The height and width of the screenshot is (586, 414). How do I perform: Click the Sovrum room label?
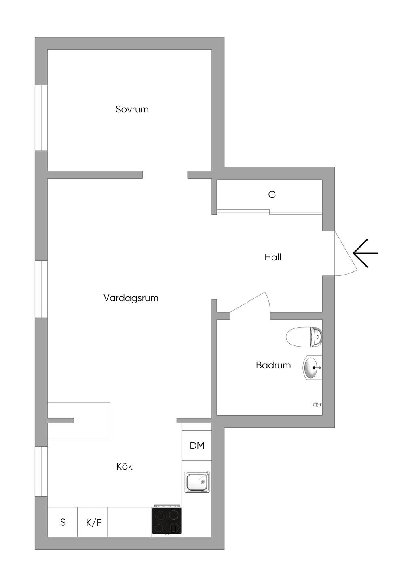click(x=132, y=109)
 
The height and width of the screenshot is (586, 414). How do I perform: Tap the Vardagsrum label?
click(x=131, y=298)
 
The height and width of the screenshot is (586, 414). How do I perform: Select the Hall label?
click(x=273, y=257)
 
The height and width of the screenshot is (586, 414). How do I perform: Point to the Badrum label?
click(x=273, y=365)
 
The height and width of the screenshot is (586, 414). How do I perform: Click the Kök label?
click(x=125, y=466)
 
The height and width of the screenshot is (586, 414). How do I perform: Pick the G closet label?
click(x=272, y=195)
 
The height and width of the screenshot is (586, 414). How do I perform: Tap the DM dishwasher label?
click(x=197, y=446)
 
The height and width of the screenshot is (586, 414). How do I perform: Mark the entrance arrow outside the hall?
click(x=365, y=253)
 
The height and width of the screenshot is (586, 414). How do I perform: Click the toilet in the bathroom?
click(x=304, y=337)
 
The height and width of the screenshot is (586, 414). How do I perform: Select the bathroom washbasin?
click(x=312, y=368)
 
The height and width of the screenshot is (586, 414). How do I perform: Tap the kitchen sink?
click(x=197, y=482)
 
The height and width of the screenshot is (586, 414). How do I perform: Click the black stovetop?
click(x=167, y=520)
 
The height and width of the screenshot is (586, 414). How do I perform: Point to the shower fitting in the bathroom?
click(x=317, y=405)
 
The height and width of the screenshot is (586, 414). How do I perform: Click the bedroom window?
click(x=41, y=118)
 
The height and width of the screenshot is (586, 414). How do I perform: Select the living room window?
click(x=41, y=289)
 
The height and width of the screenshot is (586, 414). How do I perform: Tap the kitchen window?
click(x=41, y=471)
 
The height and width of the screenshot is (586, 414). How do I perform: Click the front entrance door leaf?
click(x=346, y=250)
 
